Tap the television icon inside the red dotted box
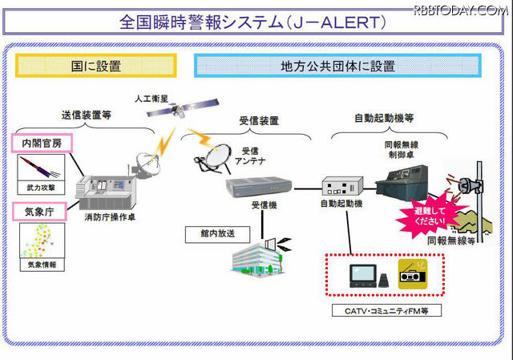tap(361, 274)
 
